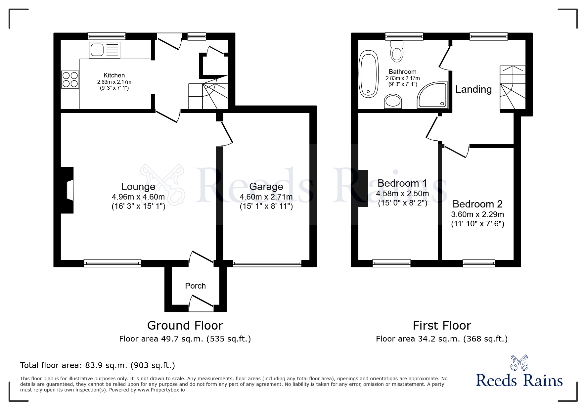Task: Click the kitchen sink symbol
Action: (x=104, y=50)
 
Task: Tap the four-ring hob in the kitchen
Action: (x=70, y=79)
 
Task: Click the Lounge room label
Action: (x=138, y=187)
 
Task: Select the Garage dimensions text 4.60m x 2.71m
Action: (x=266, y=197)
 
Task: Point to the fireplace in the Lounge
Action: (x=68, y=190)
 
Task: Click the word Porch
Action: (x=195, y=286)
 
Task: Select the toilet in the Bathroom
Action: (x=397, y=51)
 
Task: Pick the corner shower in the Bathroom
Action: (x=433, y=95)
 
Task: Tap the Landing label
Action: (x=473, y=89)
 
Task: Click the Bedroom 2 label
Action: (x=477, y=204)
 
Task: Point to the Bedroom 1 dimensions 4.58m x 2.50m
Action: (x=402, y=194)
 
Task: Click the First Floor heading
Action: (x=442, y=326)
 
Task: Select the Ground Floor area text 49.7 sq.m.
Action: (x=185, y=339)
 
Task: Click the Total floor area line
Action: (x=98, y=365)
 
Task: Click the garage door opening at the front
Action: (x=267, y=264)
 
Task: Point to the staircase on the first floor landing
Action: (x=512, y=88)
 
